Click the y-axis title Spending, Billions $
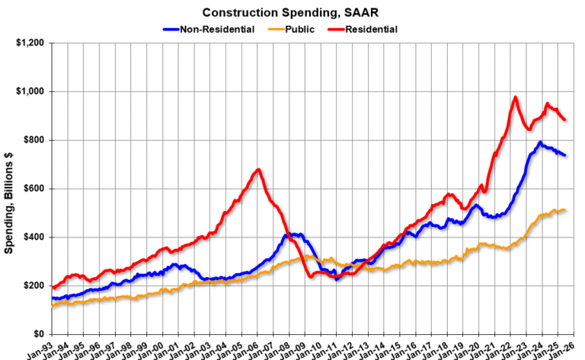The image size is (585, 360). pos(9,188)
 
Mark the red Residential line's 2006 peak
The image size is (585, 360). pos(258,169)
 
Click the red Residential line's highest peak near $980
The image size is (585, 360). pos(516,97)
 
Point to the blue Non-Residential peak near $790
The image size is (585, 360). pos(540,142)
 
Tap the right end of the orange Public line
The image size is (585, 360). pos(564,210)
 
